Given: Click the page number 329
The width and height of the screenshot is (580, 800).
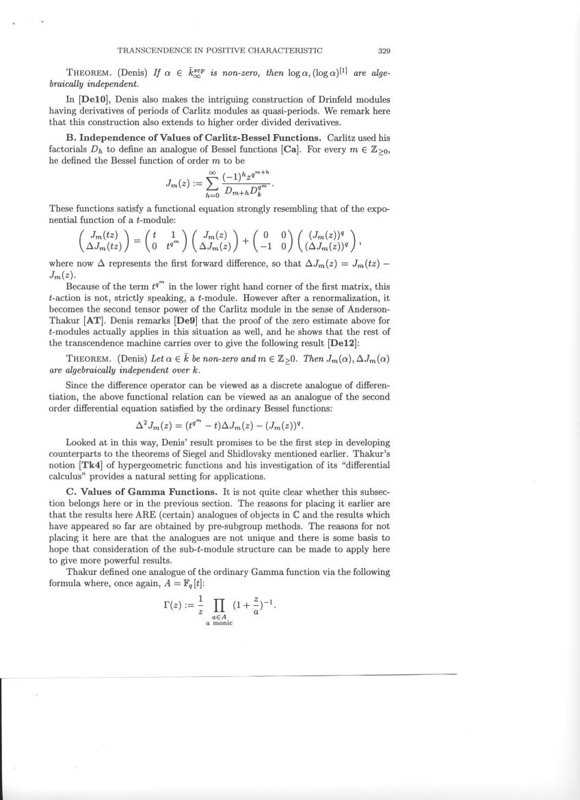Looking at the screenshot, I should pyautogui.click(x=384, y=50).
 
